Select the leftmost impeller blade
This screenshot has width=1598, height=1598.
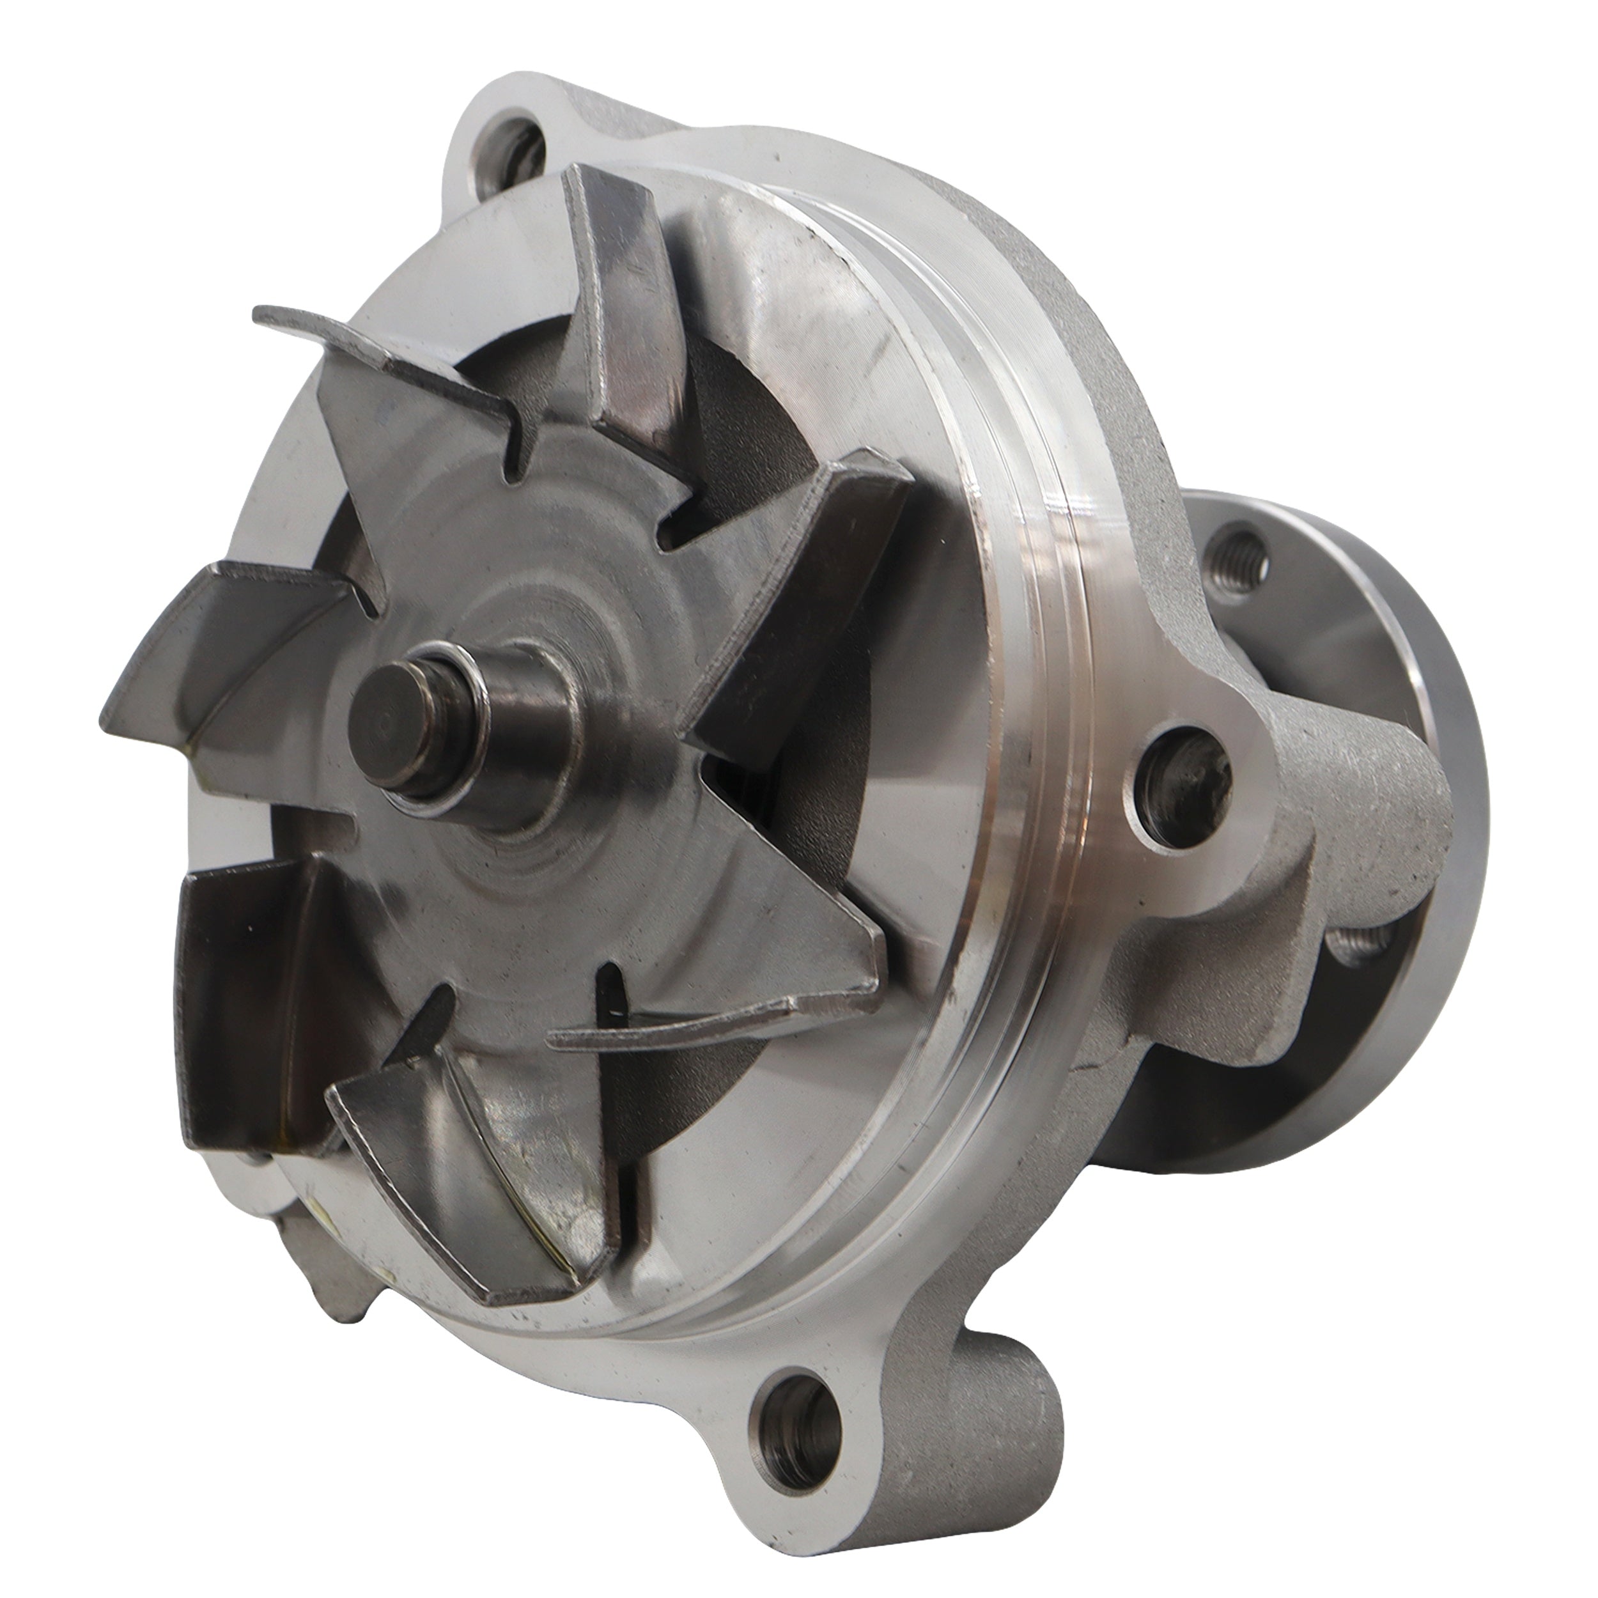tap(223, 653)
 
